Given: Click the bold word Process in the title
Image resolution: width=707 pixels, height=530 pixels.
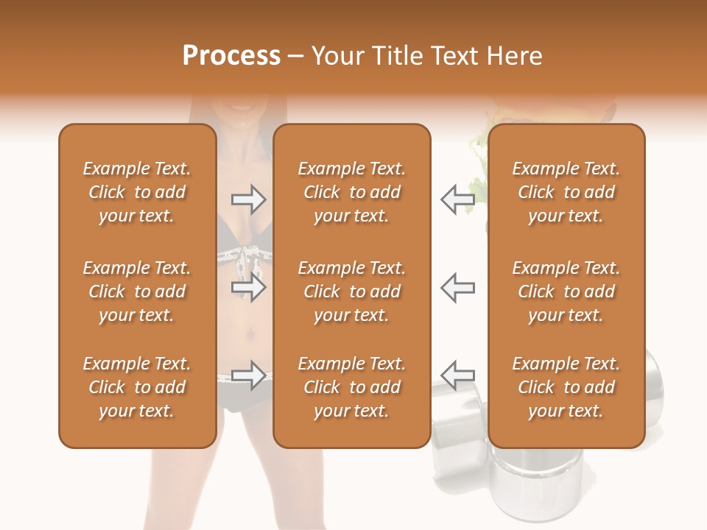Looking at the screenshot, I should pyautogui.click(x=231, y=55).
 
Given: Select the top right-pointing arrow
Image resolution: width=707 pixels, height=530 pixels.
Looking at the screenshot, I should pyautogui.click(x=248, y=198).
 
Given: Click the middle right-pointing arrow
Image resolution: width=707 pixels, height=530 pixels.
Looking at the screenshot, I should pyautogui.click(x=248, y=287).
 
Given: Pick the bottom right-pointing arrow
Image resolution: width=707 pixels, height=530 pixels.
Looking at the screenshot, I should pyautogui.click(x=248, y=375).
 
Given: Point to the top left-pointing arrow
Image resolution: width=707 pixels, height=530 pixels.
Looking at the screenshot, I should pyautogui.click(x=457, y=199).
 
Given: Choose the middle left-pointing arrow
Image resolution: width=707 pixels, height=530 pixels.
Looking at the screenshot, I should pyautogui.click(x=457, y=287).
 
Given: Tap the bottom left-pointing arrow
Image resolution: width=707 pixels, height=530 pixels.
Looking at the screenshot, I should pyautogui.click(x=457, y=375).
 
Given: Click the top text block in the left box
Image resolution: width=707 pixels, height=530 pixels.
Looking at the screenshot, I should pyautogui.click(x=137, y=192).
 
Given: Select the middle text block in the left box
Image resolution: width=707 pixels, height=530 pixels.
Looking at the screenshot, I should pyautogui.click(x=137, y=291).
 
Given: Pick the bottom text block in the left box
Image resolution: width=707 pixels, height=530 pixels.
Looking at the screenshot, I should pyautogui.click(x=137, y=387).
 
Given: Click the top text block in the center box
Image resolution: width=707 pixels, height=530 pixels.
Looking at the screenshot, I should pyautogui.click(x=352, y=192).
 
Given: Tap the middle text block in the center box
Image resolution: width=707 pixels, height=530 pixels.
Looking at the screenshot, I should pyautogui.click(x=352, y=291).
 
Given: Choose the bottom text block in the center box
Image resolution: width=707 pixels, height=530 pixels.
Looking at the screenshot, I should pyautogui.click(x=352, y=387).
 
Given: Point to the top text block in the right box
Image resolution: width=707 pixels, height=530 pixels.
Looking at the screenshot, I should pyautogui.click(x=566, y=192).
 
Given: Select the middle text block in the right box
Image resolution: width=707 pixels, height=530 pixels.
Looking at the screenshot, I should pyautogui.click(x=566, y=291).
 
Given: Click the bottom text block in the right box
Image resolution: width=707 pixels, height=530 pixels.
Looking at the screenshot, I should pyautogui.click(x=566, y=387).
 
